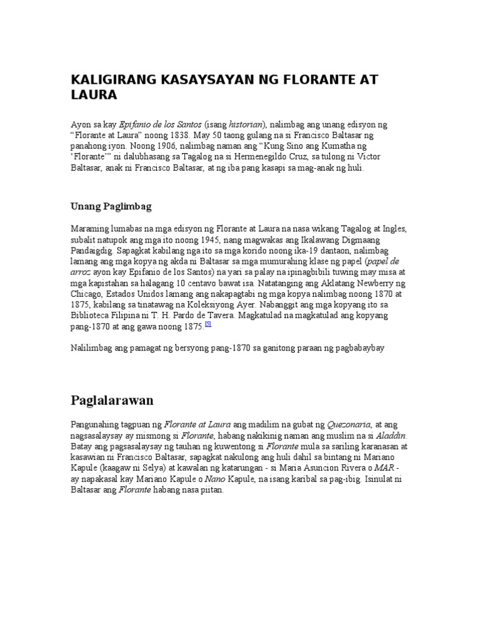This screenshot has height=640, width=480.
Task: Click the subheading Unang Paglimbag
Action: pyautogui.click(x=111, y=206)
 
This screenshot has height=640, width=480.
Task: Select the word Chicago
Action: pyautogui.click(x=86, y=294)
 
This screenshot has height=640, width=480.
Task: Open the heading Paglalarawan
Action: pyautogui.click(x=112, y=399)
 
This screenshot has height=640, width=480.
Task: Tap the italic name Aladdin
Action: pyautogui.click(x=390, y=436)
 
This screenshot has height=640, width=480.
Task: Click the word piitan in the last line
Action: pyautogui.click(x=211, y=489)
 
